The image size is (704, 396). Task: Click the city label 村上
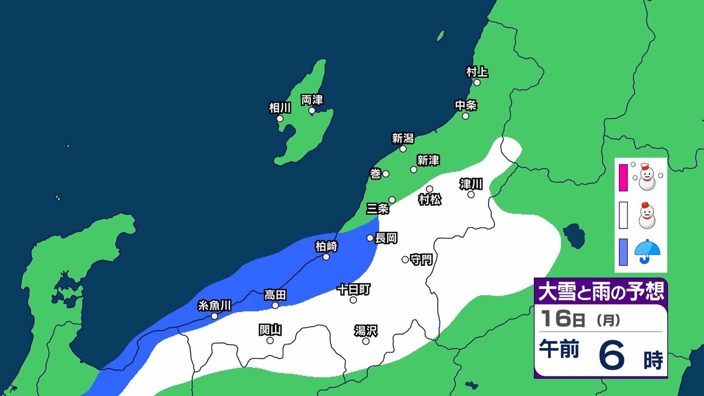pos(477,72)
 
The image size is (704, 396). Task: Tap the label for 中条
pos(466,106)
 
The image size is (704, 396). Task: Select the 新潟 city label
pos(403,138)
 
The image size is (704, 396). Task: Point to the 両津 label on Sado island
pos(312,100)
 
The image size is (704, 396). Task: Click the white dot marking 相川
pos(280,119)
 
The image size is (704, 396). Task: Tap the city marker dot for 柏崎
pos(326,256)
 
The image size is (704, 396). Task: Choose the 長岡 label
pos(387,238)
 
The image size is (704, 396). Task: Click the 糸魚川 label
pos(215,305)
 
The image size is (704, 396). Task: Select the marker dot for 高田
pos(275,305)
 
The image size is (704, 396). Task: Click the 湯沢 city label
pos(365,330)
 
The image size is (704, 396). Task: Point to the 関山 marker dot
pos(270,340)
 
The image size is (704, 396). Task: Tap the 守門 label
pos(421,259)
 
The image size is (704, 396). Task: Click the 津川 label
pos(471,184)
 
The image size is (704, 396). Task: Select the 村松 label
pos(430,199)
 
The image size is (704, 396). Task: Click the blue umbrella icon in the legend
pos(647,252)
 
